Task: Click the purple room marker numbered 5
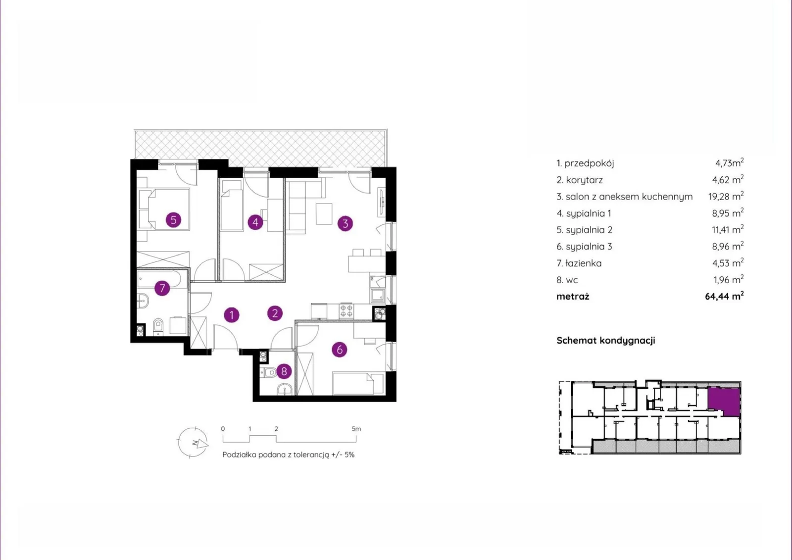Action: [173, 220]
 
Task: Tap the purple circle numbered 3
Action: [345, 223]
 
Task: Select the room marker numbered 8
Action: [284, 371]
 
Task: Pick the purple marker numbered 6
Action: [340, 350]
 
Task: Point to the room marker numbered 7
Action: [162, 288]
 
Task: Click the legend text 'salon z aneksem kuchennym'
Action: [629, 197]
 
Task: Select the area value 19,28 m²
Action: [726, 196]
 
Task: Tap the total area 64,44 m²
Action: [724, 296]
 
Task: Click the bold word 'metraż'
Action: [573, 297]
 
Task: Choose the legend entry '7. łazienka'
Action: [579, 263]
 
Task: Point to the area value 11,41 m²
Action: [728, 229]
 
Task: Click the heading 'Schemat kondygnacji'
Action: [606, 340]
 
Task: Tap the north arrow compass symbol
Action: [193, 442]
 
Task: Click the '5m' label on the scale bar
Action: [356, 429]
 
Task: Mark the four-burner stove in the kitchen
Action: [346, 311]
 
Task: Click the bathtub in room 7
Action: [162, 279]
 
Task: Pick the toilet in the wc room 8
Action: [268, 372]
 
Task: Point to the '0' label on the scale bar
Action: [223, 429]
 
